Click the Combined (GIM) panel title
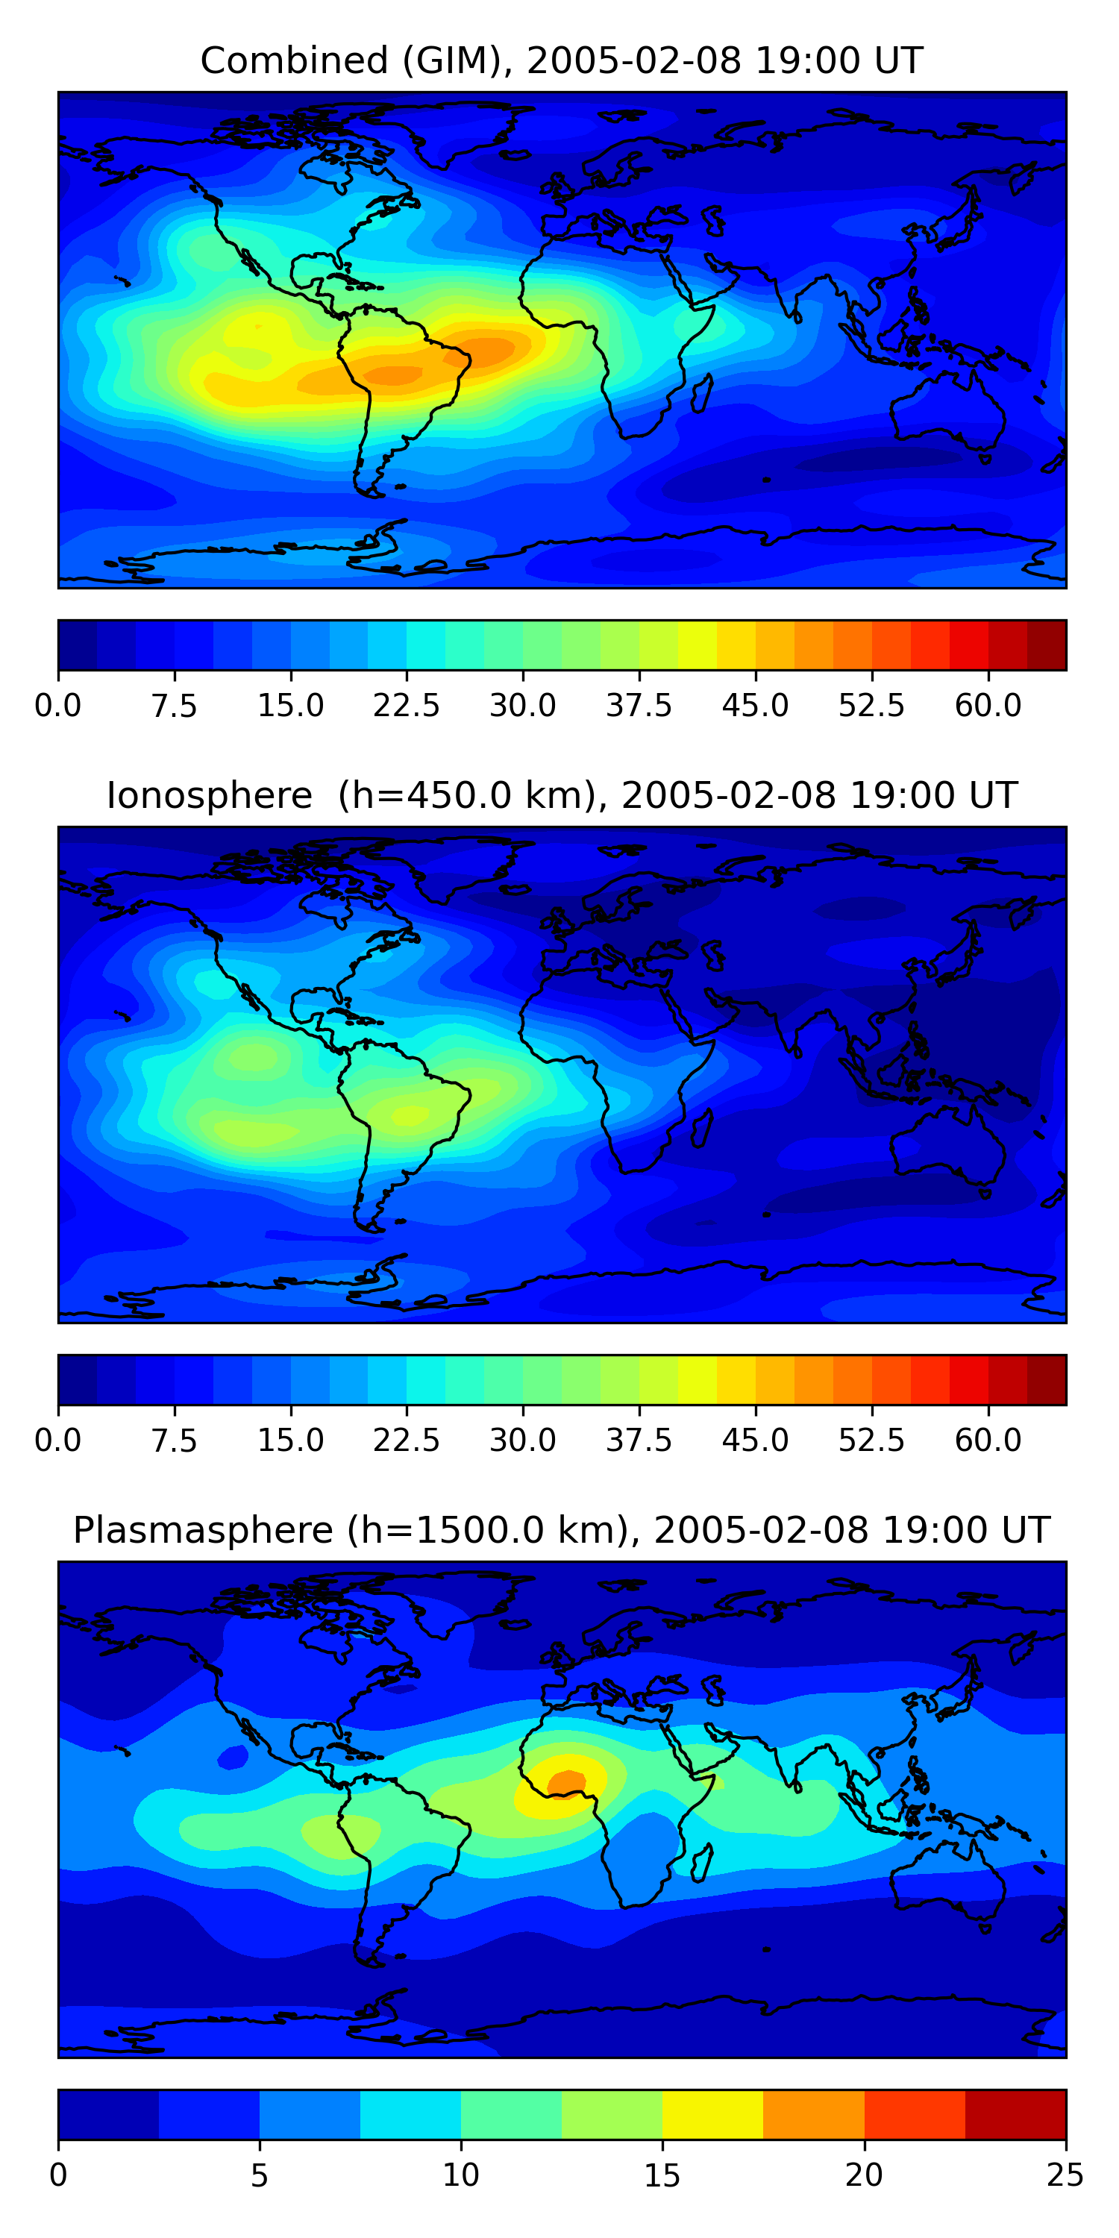[561, 61]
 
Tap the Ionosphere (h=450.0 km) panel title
[561, 796]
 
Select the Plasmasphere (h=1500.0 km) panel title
[561, 1530]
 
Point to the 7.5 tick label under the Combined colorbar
[174, 706]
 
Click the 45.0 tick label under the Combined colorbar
[755, 706]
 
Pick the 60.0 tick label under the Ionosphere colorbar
[988, 1441]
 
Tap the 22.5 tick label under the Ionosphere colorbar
[407, 1441]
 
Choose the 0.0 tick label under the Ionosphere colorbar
[58, 1441]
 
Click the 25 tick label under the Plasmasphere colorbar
[1065, 2175]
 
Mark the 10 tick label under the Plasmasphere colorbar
[460, 2175]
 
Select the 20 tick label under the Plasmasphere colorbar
[864, 2175]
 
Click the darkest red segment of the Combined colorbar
[1046, 645]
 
